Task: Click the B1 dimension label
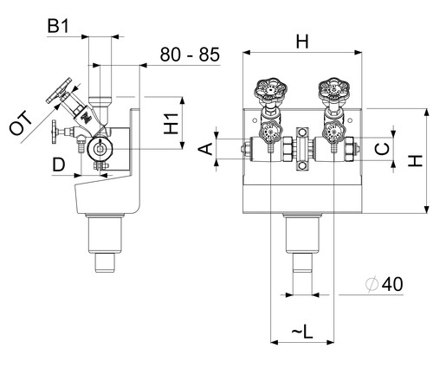[58, 26]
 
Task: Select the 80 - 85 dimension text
[190, 55]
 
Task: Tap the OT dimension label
[21, 123]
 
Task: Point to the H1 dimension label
[171, 124]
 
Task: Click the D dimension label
[59, 165]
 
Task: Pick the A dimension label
[205, 149]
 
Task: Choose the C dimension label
[382, 149]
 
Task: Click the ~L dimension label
[302, 331]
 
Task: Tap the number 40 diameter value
[392, 284]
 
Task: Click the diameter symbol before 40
[372, 284]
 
